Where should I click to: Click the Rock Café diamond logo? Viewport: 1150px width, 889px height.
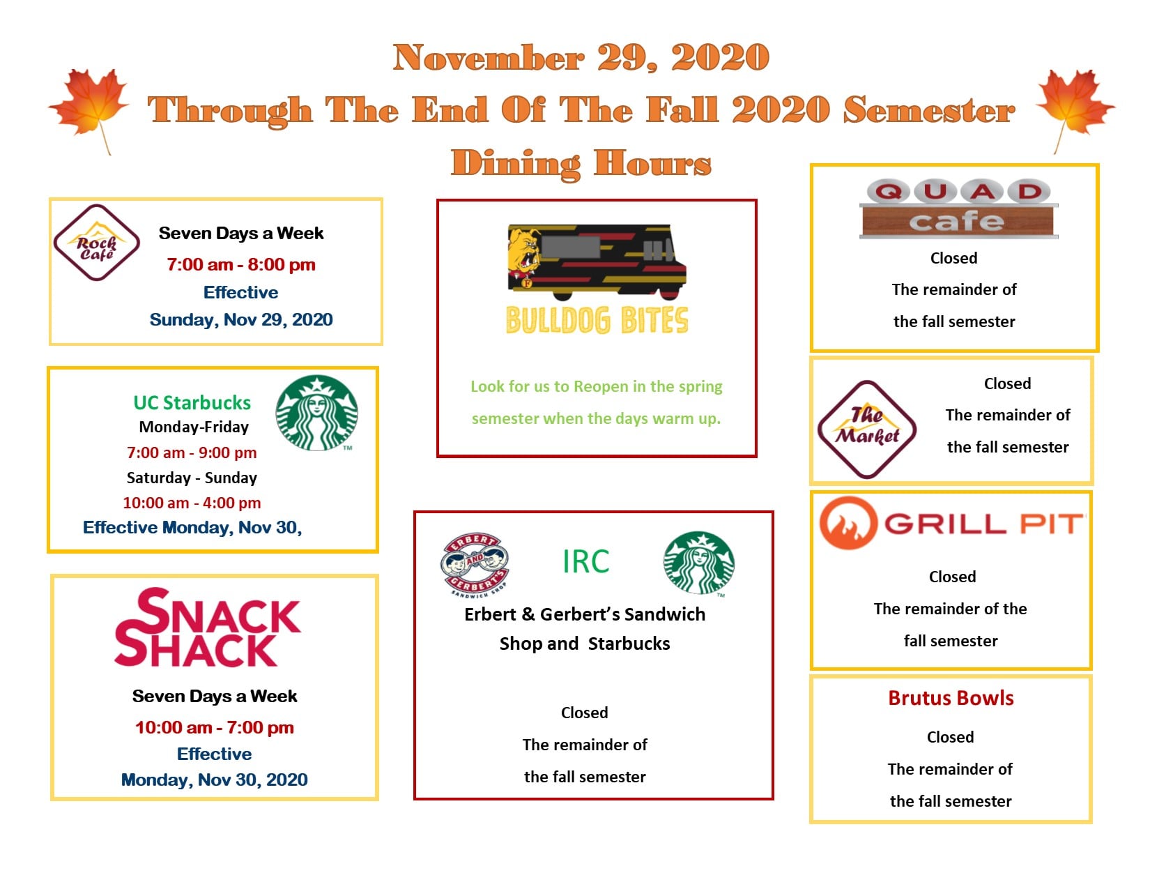pyautogui.click(x=96, y=242)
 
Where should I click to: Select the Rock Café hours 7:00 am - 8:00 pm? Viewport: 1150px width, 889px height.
pyautogui.click(x=240, y=264)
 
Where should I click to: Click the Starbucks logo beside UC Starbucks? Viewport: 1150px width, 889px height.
pyautogui.click(x=316, y=413)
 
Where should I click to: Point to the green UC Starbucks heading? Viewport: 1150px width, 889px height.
pyautogui.click(x=192, y=402)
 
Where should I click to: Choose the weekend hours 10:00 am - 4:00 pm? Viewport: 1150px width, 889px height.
pyautogui.click(x=192, y=503)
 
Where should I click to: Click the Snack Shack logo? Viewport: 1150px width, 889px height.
pyautogui.click(x=207, y=627)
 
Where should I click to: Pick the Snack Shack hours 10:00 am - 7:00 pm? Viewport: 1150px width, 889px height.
pyautogui.click(x=215, y=727)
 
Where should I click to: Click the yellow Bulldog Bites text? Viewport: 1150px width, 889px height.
pyautogui.click(x=597, y=320)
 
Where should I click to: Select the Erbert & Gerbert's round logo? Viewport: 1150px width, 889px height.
pyautogui.click(x=475, y=564)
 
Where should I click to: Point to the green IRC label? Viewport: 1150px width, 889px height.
pyautogui.click(x=585, y=561)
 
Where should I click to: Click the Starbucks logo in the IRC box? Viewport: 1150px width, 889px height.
pyautogui.click(x=698, y=563)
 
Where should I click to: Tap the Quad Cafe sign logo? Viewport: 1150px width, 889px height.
pyautogui.click(x=958, y=208)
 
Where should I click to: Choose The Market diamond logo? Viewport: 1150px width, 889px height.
pyautogui.click(x=866, y=430)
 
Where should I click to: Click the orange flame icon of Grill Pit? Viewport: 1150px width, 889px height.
pyautogui.click(x=848, y=523)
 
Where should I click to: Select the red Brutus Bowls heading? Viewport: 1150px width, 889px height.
pyautogui.click(x=951, y=698)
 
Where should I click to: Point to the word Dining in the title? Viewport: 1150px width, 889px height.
pyautogui.click(x=516, y=163)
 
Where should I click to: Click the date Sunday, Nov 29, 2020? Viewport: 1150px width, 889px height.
pyautogui.click(x=240, y=319)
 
